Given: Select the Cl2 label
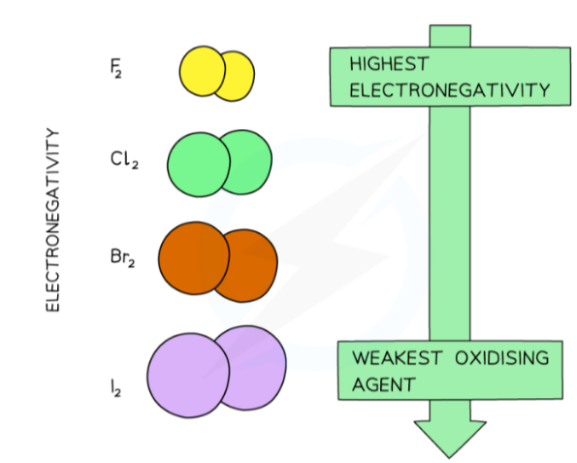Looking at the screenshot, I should pos(123,158).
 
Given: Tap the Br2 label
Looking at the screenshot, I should pos(122,259).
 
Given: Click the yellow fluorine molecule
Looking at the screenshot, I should pos(216,73).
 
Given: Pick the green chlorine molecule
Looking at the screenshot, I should pos(219,162).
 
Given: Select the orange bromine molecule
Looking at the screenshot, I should pos(218,259).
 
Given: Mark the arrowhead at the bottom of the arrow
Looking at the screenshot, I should pos(448,437).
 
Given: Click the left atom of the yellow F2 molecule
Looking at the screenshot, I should pos(202,71).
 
